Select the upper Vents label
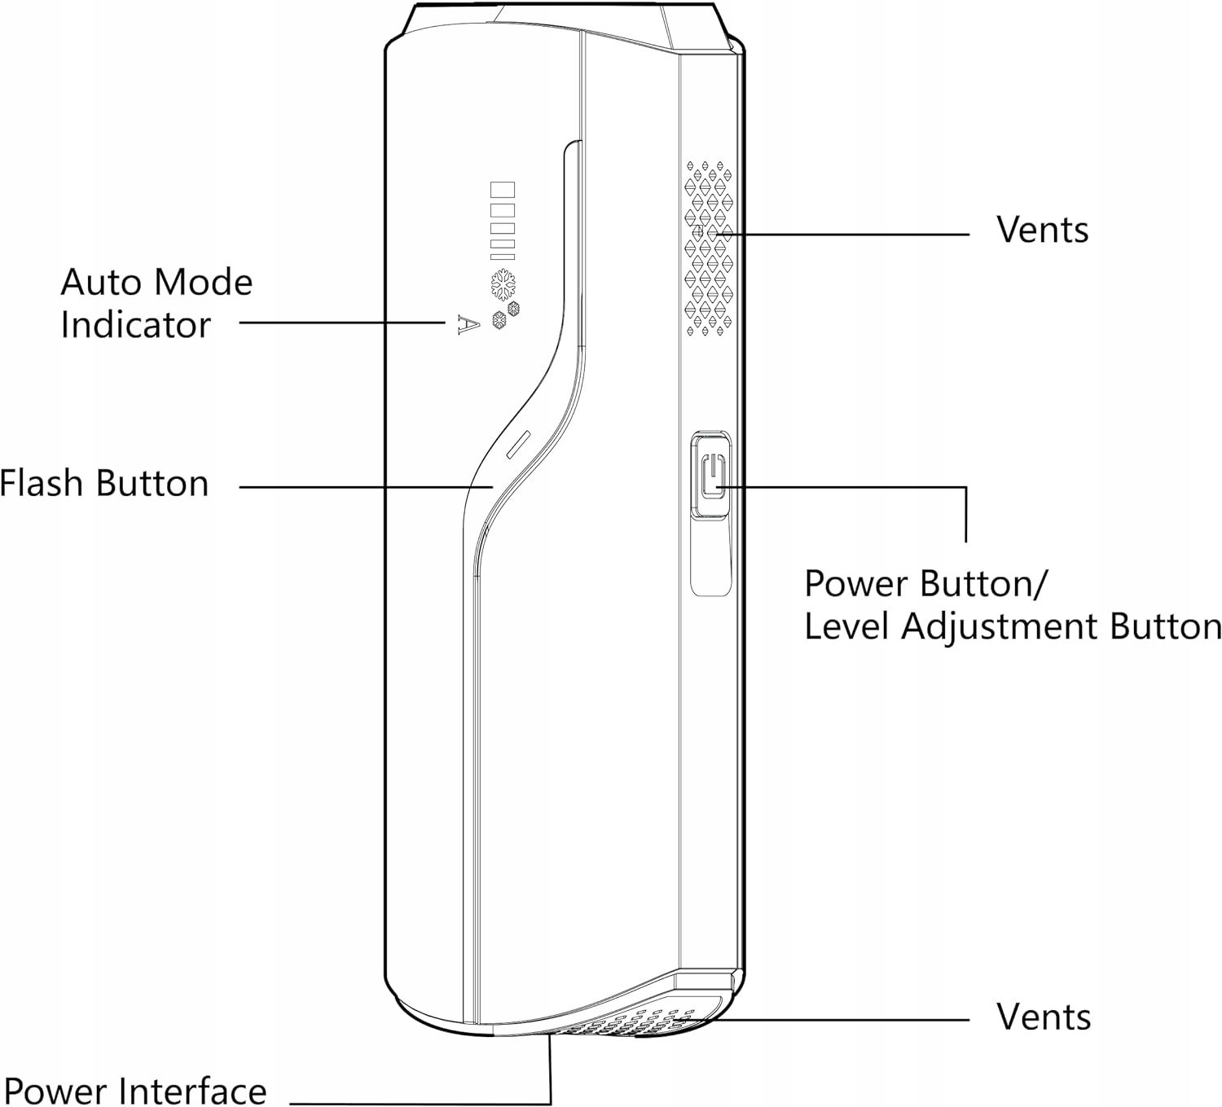(1042, 231)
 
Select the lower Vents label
(1043, 1017)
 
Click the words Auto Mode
(156, 283)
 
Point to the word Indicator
(135, 325)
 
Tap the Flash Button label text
(104, 483)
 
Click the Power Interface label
(135, 1091)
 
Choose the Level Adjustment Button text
(1013, 626)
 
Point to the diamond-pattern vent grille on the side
(707, 248)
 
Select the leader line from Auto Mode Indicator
(342, 323)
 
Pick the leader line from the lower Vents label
(839, 1019)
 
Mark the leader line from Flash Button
(367, 487)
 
